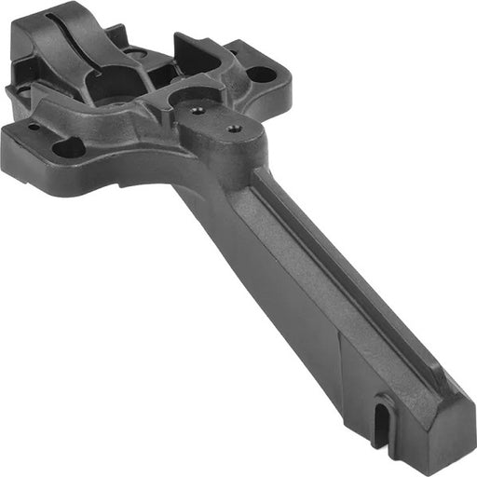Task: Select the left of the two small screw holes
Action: tap(198, 109)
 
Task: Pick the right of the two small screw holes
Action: tap(233, 128)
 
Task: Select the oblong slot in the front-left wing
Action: tap(69, 147)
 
